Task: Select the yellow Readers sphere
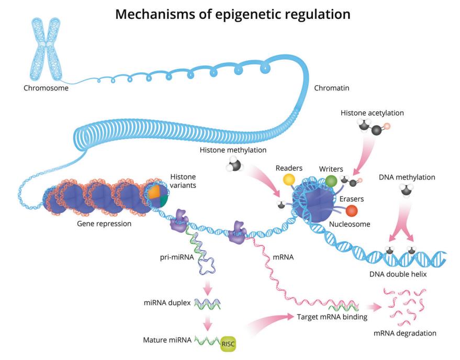point(289,179)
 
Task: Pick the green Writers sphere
point(331,182)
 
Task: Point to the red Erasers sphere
point(352,211)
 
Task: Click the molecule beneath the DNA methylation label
point(406,192)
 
